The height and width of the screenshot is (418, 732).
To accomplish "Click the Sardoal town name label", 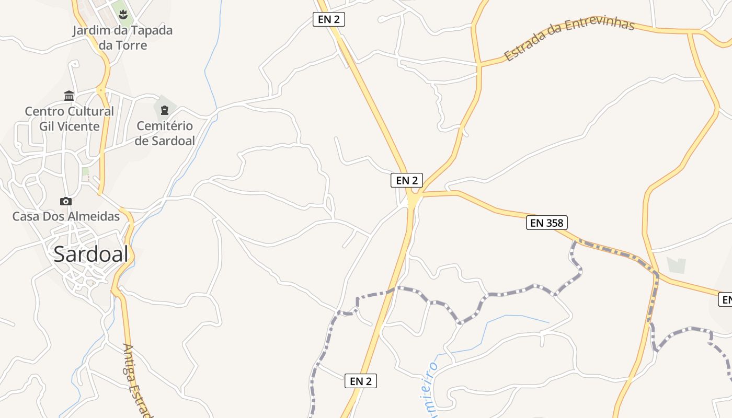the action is click(91, 254).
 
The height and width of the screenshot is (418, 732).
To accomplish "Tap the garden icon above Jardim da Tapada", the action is click(123, 14).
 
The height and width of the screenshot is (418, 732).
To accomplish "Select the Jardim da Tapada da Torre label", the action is click(123, 38).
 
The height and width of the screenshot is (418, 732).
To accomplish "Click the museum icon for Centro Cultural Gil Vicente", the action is click(69, 96).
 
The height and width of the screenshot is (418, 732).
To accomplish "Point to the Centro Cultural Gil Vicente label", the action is click(69, 119).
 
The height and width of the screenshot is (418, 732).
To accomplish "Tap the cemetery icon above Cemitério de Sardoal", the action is click(165, 110).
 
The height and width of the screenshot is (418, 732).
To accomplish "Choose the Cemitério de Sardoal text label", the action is click(165, 133).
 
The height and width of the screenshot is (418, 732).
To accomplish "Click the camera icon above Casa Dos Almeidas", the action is click(66, 202).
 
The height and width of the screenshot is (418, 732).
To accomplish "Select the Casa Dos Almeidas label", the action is click(66, 216).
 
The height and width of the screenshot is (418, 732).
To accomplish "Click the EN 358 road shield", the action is click(546, 223).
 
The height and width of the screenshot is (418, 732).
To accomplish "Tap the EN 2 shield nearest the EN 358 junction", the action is click(407, 180).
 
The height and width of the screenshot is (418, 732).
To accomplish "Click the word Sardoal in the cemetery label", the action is click(173, 141).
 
